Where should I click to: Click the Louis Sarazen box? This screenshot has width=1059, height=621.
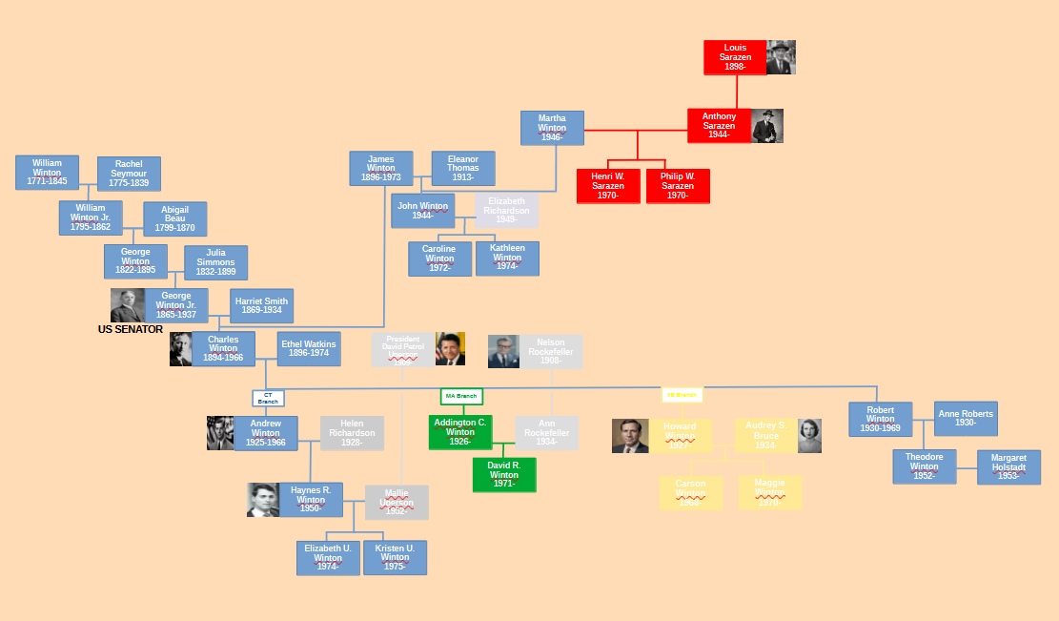coord(735,57)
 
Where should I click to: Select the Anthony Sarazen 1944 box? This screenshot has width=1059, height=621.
coord(719,126)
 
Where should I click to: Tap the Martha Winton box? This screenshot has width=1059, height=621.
coord(552,128)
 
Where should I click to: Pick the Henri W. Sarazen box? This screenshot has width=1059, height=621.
coord(608,186)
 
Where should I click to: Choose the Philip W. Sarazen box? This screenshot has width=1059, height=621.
coord(678,186)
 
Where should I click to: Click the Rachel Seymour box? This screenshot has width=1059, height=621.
coord(129,174)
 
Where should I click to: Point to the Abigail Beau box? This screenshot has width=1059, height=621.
coord(174,218)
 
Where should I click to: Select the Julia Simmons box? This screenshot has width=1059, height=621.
coord(215,262)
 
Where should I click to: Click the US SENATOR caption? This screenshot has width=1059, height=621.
coord(131,329)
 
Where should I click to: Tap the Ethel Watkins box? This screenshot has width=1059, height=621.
coord(309,349)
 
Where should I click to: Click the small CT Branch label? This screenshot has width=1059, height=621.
coord(268,398)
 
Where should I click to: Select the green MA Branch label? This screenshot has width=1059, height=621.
coord(461,396)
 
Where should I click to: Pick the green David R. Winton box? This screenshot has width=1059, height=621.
coord(504,474)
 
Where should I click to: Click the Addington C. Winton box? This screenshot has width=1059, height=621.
coord(460,432)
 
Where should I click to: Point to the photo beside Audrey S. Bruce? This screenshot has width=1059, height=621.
coord(809,436)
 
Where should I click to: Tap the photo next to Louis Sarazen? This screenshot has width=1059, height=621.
coord(781,57)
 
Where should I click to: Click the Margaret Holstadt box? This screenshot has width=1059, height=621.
coord(1008,466)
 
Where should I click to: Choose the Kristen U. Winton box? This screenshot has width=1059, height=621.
coord(395,557)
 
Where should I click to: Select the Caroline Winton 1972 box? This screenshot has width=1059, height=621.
coord(439,259)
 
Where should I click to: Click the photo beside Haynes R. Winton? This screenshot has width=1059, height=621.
coord(263,500)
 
